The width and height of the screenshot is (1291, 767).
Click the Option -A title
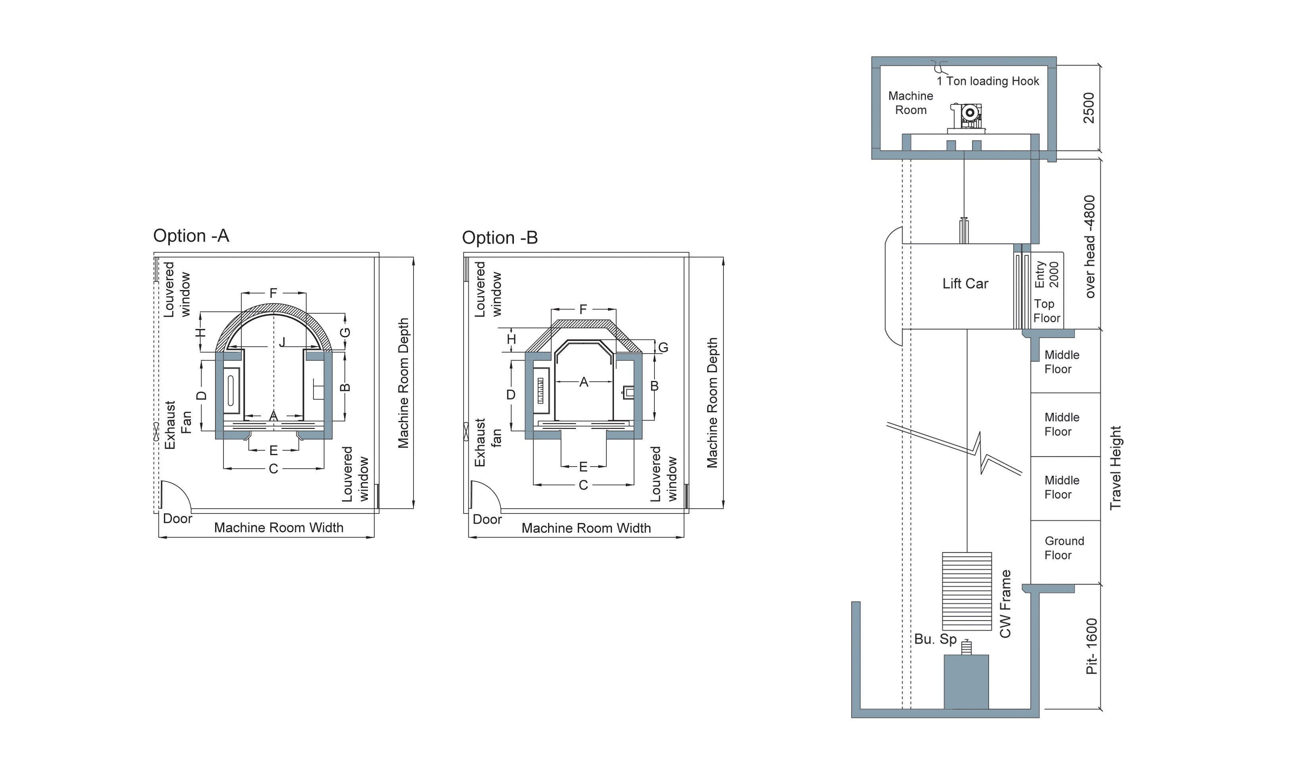[191, 236]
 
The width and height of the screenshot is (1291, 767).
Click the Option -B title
[500, 238]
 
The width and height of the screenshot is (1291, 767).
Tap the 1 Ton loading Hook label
[988, 81]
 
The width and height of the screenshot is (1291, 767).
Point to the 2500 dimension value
[1089, 108]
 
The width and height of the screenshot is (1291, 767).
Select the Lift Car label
[965, 283]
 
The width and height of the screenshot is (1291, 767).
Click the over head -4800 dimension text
[1089, 246]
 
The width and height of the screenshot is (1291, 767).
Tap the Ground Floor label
[1064, 548]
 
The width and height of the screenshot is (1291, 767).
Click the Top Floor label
[1047, 311]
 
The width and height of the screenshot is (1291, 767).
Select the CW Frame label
[1005, 604]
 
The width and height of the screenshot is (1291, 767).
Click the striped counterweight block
[966, 591]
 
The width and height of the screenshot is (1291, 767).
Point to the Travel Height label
[1115, 468]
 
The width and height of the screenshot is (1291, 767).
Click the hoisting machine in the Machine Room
[966, 118]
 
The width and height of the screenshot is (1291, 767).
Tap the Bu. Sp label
[935, 639]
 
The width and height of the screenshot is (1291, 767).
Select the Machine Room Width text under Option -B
[586, 528]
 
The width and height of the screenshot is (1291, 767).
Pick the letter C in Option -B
[583, 485]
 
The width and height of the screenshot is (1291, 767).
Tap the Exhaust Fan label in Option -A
[178, 425]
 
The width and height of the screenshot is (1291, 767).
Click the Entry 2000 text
[1047, 275]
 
